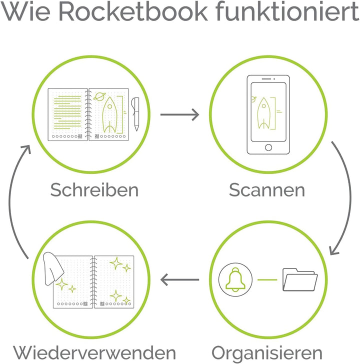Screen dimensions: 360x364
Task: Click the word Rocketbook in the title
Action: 133,11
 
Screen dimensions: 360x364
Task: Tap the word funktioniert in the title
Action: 287,11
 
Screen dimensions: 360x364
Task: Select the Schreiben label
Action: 94,189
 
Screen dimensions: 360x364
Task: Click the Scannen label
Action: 266,190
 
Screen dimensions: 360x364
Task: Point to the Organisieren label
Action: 267,353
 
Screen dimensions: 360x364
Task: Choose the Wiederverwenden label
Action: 94,352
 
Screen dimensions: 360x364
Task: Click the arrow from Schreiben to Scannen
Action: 179,114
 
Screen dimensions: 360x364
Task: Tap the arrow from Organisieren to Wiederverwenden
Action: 179,279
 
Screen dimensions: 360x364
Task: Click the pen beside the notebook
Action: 136,114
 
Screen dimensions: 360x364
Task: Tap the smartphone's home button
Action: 268,147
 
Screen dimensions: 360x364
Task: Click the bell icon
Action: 235,279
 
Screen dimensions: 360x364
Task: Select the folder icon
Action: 300,279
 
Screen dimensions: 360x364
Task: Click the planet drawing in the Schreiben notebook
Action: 99,96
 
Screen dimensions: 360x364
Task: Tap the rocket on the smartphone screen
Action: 263,113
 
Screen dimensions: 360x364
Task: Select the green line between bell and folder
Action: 267,279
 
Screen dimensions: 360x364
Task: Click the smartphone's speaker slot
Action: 266,79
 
